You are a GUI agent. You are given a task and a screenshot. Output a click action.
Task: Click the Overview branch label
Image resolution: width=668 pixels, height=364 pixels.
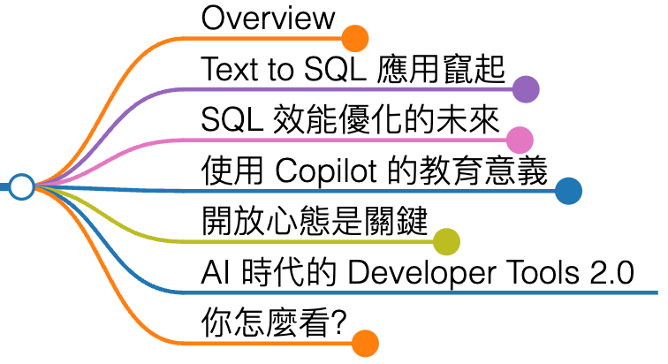tap(269, 18)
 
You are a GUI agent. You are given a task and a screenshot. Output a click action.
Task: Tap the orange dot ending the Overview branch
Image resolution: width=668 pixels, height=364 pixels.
tap(354, 39)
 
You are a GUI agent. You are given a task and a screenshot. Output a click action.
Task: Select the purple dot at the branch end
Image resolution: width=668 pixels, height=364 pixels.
tap(527, 88)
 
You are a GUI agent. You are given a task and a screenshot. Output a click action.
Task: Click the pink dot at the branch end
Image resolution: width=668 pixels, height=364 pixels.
tap(520, 140)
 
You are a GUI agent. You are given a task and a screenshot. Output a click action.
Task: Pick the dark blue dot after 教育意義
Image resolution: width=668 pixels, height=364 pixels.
tap(568, 190)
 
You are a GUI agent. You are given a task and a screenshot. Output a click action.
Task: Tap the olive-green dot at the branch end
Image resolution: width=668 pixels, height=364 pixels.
tap(446, 240)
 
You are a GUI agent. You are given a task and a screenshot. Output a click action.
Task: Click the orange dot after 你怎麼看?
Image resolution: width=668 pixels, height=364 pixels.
tap(365, 343)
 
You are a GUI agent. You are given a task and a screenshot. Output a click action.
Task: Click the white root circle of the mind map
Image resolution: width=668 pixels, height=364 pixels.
tap(22, 187)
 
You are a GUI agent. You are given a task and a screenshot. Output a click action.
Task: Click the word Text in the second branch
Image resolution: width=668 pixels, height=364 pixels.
tap(226, 68)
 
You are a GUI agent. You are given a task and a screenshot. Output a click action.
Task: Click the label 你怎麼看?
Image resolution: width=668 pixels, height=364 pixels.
tap(273, 322)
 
